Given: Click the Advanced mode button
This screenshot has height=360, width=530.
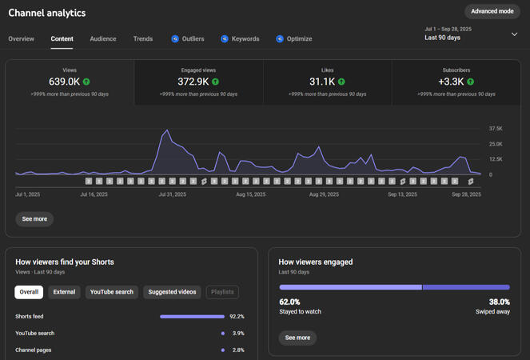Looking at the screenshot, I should (x=492, y=11).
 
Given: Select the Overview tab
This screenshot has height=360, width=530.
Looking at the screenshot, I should (x=21, y=38).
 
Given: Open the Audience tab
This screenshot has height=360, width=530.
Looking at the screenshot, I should (x=102, y=38).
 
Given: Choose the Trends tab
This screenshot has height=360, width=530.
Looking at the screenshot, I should (x=143, y=38).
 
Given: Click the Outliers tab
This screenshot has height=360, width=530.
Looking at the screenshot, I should (x=188, y=38).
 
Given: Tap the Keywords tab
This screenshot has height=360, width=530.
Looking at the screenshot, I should (x=240, y=38).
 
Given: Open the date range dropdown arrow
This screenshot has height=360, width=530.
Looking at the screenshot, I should (x=514, y=34).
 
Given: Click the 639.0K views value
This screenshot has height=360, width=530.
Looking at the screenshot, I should (x=64, y=82).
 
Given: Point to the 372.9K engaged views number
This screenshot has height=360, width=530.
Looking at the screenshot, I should (x=193, y=82).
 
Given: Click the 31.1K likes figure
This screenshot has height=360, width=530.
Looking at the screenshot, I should (x=322, y=82).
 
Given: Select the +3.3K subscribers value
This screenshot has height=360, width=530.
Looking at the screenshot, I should (x=451, y=82).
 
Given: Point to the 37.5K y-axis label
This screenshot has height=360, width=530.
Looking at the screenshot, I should (x=496, y=129).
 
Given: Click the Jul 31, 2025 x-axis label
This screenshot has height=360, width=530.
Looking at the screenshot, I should (x=172, y=194).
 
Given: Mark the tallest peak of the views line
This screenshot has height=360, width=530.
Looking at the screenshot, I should (x=167, y=130).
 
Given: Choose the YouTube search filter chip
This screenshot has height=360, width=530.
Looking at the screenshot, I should (x=112, y=292).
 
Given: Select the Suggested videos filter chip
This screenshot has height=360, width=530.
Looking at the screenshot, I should (x=172, y=292).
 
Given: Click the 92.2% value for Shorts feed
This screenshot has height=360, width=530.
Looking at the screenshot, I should (x=237, y=317).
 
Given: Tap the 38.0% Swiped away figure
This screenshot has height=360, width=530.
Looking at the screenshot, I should (x=498, y=302).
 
